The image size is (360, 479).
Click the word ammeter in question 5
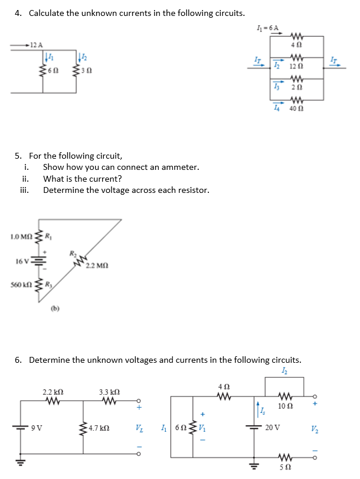tap(180, 167)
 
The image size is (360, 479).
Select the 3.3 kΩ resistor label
tap(110, 392)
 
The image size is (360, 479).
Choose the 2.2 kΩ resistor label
tap(53, 392)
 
